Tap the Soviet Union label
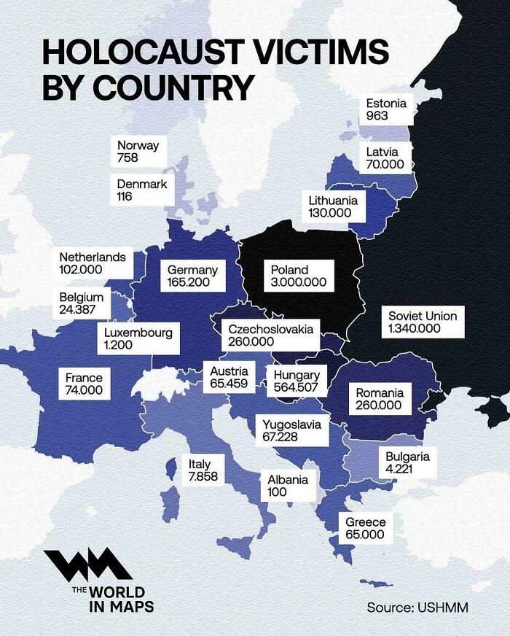[423, 322]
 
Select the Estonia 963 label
[386, 109]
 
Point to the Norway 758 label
[138, 151]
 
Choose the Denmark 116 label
[141, 190]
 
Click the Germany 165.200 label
[192, 276]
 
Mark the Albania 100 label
[287, 486]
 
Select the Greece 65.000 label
[365, 529]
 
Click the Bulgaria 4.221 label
[407, 463]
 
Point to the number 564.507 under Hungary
[296, 388]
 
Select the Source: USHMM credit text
[417, 608]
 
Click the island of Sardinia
[169, 503]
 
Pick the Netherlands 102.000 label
[92, 263]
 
